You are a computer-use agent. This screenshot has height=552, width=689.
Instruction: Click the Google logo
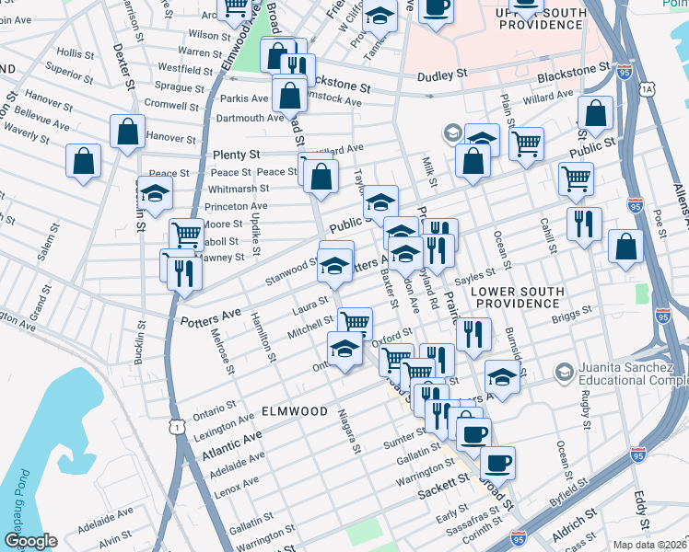pyautogui.click(x=30, y=541)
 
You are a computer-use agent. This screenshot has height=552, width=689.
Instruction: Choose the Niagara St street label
pyautogui.click(x=349, y=431)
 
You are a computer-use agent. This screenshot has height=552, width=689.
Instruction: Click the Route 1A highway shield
pyautogui.click(x=648, y=88)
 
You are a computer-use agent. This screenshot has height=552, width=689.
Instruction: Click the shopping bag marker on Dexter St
pyautogui.click(x=127, y=132)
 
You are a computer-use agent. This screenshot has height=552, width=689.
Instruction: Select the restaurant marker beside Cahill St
pyautogui.click(x=584, y=224)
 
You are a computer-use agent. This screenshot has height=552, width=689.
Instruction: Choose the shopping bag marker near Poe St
pyautogui.click(x=625, y=247)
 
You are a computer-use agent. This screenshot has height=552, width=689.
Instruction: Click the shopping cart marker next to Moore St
pyautogui.click(x=186, y=234)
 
